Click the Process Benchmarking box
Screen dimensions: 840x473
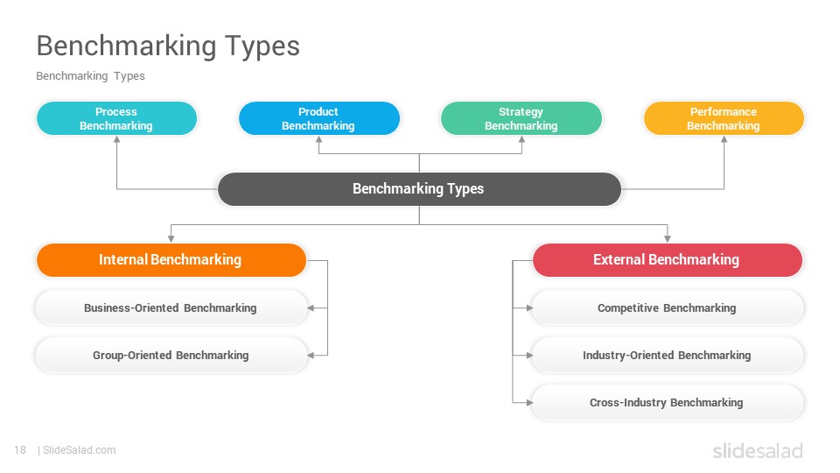tap(116, 118)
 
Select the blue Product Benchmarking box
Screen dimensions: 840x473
tap(318, 118)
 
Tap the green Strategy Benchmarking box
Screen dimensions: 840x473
tap(521, 118)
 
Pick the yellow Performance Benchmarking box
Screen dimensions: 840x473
tap(724, 118)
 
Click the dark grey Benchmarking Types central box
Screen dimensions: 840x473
tap(419, 189)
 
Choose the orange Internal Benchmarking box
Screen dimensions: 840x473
tap(171, 260)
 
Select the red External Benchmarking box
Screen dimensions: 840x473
tap(668, 260)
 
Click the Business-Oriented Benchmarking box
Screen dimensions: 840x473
tap(171, 307)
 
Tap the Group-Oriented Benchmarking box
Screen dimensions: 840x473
tap(171, 355)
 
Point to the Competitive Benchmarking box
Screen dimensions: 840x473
tap(668, 307)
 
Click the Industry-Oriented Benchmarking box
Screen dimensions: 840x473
tap(668, 355)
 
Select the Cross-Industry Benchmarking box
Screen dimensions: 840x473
tap(668, 402)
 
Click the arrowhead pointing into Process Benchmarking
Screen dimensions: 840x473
tap(116, 139)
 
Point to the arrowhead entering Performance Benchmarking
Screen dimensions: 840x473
tap(724, 139)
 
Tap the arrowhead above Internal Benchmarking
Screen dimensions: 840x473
tap(171, 238)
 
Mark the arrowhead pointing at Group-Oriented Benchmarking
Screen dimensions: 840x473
tap(311, 355)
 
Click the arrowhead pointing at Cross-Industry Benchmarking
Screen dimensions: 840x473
tap(529, 402)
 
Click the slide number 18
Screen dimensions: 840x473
tap(20, 450)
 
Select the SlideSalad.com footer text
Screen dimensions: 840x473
tap(80, 450)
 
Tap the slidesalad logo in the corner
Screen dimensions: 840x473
tap(758, 451)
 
